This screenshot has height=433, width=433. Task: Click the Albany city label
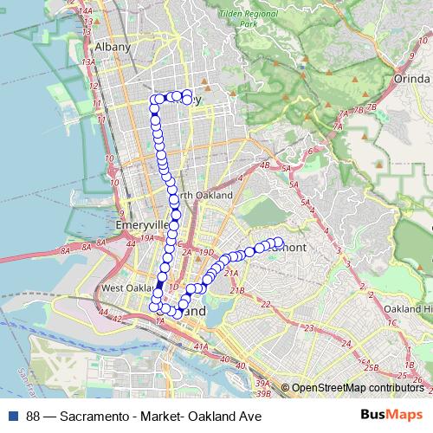[113, 47]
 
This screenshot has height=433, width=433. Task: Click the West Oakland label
[125, 288]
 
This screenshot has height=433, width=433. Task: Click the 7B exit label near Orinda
[372, 107]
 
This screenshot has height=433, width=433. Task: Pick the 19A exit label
[148, 237]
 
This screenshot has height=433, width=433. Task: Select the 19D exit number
[206, 252]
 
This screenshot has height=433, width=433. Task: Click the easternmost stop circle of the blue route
[278, 242]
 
